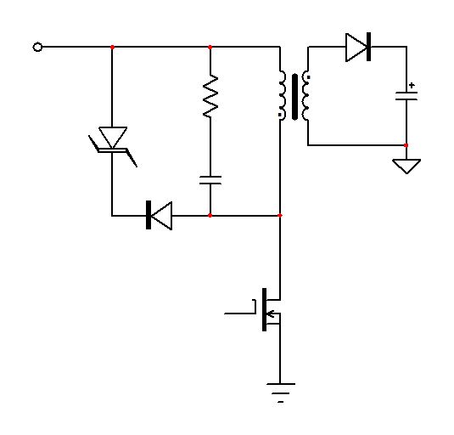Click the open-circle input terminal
[x=37, y=47]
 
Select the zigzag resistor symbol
[x=210, y=95]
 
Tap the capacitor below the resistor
[x=210, y=179]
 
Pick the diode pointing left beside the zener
[x=159, y=216]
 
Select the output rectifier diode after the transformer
[x=358, y=47]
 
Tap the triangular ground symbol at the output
[x=407, y=165]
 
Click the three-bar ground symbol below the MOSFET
[x=281, y=391]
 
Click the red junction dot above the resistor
[x=210, y=47]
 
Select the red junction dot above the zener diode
[x=112, y=47]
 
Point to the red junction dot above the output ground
[x=406, y=145]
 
